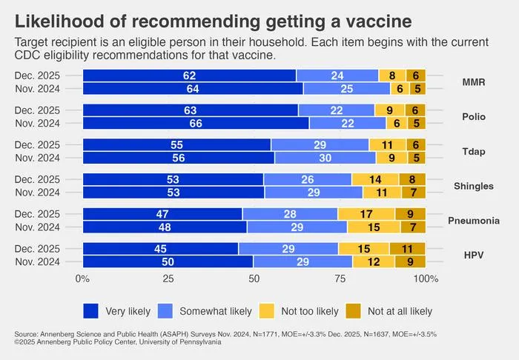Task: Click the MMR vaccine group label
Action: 474,82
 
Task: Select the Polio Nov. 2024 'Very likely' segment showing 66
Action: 196,123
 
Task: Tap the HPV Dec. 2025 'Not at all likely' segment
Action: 408,249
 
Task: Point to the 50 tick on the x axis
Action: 254,279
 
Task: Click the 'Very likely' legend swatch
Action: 90,311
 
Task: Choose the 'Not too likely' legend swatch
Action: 267,311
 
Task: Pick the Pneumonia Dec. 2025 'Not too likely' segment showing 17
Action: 366,214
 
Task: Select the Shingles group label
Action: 474,186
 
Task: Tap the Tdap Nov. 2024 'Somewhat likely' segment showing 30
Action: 325,158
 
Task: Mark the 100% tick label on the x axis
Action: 426,279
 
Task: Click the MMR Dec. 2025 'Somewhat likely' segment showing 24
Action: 337,76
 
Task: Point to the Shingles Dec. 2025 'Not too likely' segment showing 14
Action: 375,179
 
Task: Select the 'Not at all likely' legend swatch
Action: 353,311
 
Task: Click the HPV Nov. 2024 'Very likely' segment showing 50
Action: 168,261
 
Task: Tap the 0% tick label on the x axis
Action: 82,279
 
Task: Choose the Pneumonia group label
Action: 474,221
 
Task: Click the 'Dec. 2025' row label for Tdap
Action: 37,144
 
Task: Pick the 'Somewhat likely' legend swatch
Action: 165,311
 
